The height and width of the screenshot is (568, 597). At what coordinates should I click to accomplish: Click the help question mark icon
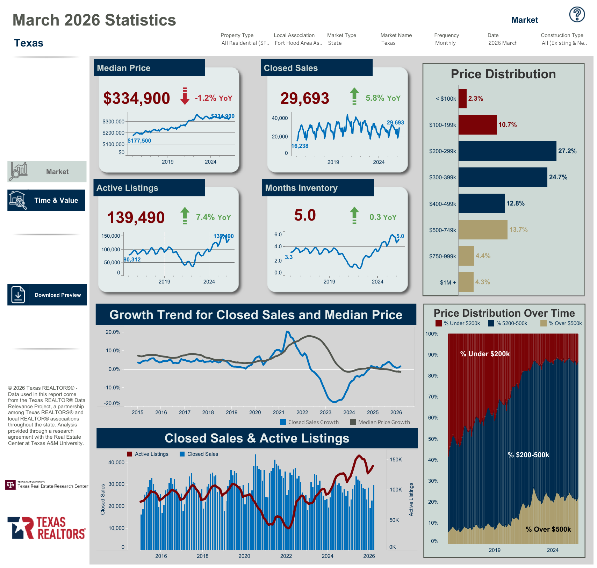click(x=577, y=15)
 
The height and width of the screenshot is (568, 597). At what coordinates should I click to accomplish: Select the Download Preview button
click(x=47, y=295)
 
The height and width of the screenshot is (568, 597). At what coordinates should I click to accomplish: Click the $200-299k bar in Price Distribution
click(x=507, y=151)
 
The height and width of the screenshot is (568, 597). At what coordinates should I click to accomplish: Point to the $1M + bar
click(x=466, y=282)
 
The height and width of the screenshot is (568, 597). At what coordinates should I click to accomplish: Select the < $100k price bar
click(x=462, y=99)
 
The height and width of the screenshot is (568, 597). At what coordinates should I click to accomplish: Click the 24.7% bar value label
click(x=558, y=177)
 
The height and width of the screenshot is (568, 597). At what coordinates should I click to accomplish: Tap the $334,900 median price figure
click(x=137, y=98)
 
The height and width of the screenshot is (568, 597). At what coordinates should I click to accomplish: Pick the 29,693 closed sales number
click(x=305, y=98)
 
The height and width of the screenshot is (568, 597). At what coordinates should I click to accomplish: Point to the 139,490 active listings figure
click(x=136, y=217)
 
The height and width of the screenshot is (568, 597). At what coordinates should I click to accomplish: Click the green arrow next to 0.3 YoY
click(x=354, y=215)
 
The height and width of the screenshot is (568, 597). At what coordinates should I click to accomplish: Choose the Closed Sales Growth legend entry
click(x=310, y=422)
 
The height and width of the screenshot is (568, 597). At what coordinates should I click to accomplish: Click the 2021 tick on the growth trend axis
click(x=279, y=412)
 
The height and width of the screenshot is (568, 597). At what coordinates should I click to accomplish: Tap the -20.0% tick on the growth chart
click(x=112, y=403)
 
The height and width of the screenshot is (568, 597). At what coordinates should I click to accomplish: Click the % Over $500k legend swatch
click(x=544, y=323)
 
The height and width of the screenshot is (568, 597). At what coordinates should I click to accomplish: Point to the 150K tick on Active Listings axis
click(x=396, y=460)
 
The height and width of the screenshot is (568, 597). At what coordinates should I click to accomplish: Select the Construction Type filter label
click(x=562, y=35)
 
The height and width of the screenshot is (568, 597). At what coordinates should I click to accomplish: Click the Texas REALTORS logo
click(x=47, y=528)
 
